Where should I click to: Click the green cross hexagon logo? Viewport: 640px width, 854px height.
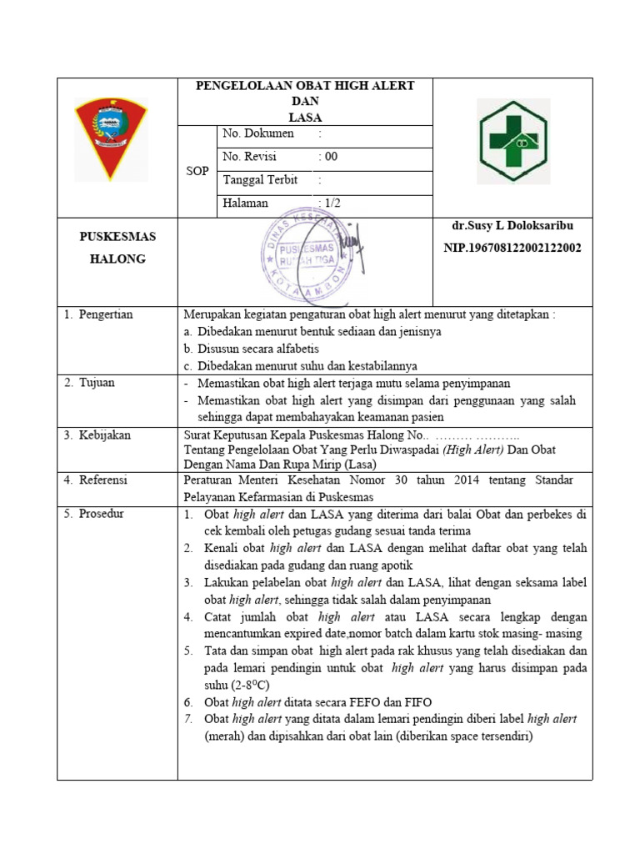pos(512,140)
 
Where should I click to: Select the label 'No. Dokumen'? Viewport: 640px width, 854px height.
pos(257,133)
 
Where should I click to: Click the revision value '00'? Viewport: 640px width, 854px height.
pos(329,157)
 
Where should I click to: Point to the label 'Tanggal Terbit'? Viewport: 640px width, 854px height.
pos(260,180)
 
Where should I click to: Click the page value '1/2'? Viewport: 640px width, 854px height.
pos(332,203)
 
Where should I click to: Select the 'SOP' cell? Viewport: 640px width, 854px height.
pos(198,170)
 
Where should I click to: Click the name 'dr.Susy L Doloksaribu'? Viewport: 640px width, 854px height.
pos(512,226)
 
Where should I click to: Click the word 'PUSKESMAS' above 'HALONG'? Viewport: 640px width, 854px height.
pos(117,237)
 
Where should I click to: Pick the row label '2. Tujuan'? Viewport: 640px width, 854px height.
pos(89,383)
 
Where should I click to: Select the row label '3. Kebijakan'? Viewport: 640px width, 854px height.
pos(97,435)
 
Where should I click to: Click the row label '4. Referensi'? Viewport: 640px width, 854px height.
pos(97,480)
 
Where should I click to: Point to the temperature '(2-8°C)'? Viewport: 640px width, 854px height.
pos(227,684)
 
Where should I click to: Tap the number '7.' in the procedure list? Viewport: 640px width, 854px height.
pos(188,719)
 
